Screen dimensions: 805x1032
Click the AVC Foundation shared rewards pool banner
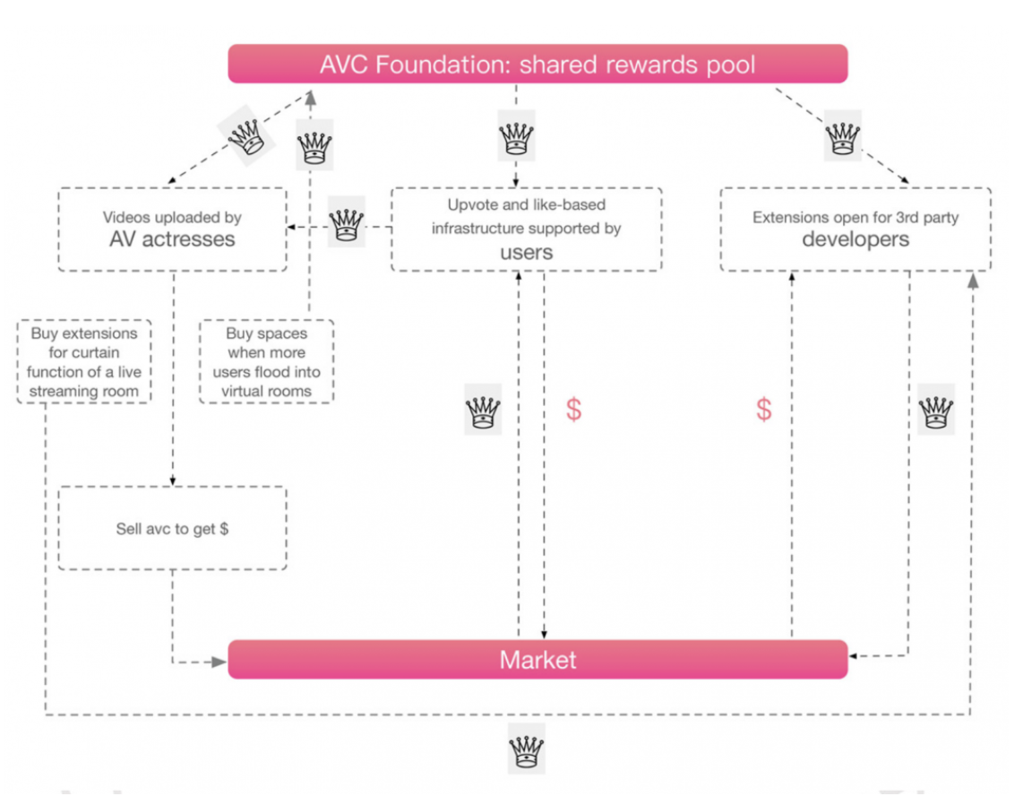pos(537,65)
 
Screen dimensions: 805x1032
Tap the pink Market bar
pos(537,660)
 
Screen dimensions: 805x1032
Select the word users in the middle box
pos(526,253)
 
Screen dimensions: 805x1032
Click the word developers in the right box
pos(856,239)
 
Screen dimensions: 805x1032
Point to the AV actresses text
pos(172,239)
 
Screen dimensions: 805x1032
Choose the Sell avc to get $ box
pos(172,529)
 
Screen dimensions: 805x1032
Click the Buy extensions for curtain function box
pos(84,362)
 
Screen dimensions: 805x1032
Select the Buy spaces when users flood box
pos(266,362)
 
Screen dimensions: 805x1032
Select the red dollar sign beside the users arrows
pos(573,410)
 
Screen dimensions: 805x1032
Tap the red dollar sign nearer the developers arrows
pos(763,410)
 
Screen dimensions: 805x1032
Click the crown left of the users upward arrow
pos(483,411)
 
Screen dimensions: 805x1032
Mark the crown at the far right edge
pos(936,411)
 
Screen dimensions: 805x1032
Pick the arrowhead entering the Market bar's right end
pos(855,656)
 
